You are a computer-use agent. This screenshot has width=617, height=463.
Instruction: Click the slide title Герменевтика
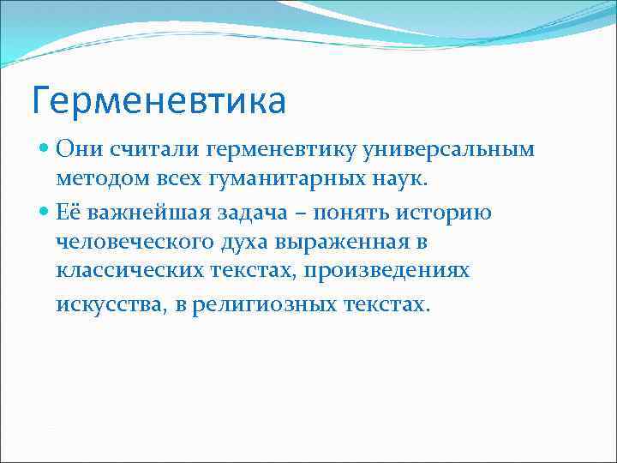pos(159,101)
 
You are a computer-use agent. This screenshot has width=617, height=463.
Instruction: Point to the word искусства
pos(103,304)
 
